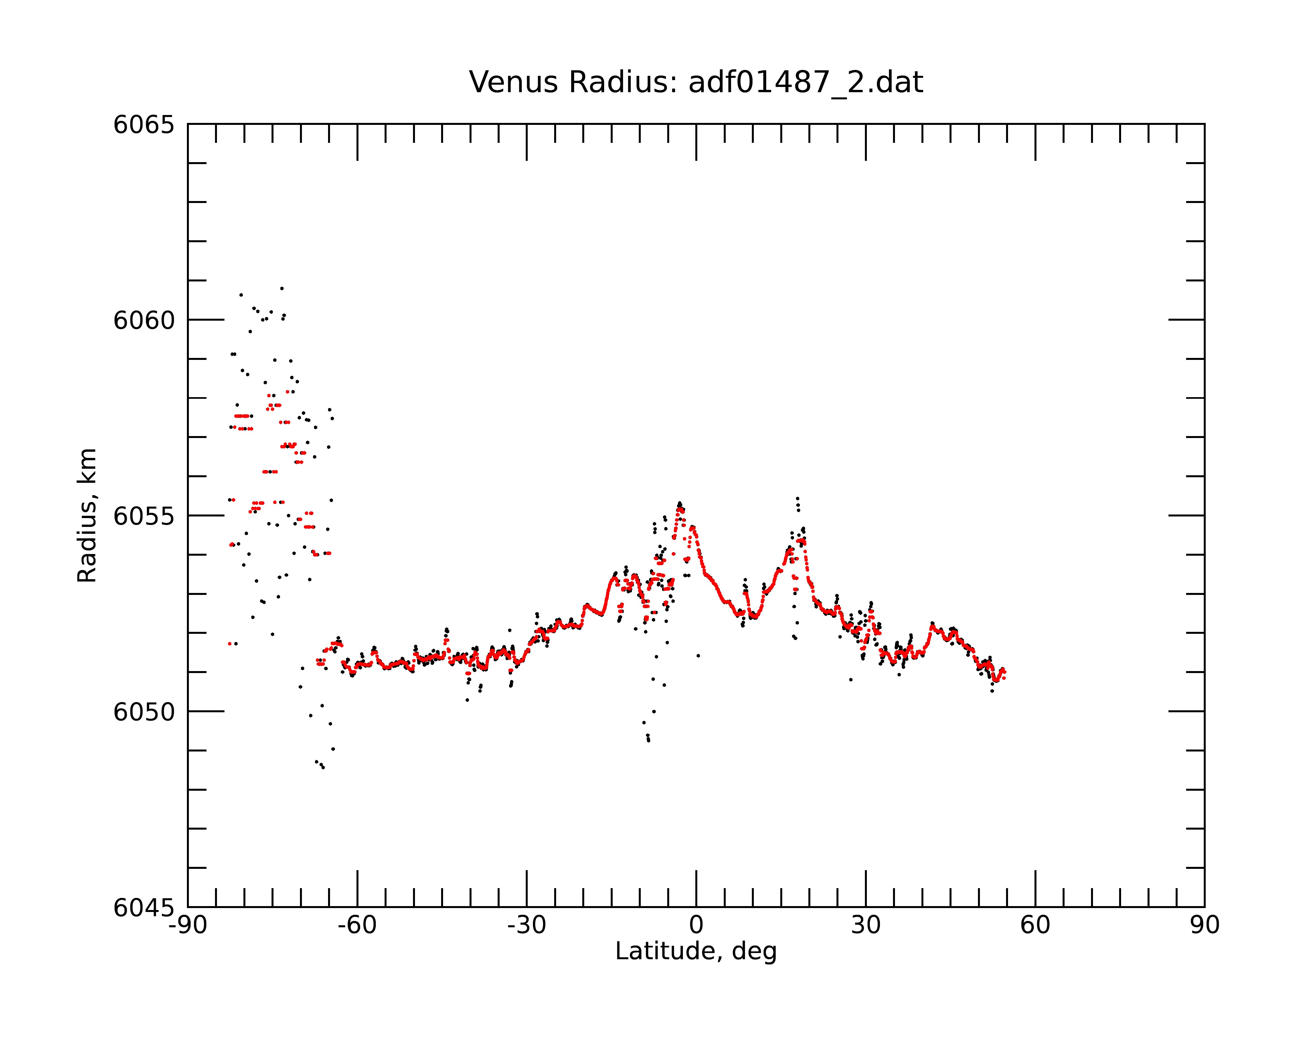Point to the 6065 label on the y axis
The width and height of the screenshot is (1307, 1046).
[x=144, y=125]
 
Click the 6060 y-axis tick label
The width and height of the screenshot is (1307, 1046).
[x=144, y=320]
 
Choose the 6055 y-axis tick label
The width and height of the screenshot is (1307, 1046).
[x=144, y=516]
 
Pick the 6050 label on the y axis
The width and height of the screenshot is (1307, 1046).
[x=144, y=712]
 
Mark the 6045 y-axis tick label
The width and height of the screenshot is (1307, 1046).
[x=144, y=908]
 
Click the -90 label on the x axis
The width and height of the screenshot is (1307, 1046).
[x=188, y=925]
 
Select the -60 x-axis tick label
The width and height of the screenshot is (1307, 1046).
[x=357, y=925]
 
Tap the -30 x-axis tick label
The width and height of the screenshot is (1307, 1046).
[x=527, y=925]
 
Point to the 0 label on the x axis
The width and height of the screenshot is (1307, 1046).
[x=696, y=925]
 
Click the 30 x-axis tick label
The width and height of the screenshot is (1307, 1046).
[x=866, y=925]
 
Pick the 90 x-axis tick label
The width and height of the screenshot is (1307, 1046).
[x=1204, y=925]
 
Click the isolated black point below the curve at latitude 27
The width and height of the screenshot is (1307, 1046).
[x=851, y=680]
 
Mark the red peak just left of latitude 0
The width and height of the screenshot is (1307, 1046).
[x=680, y=508]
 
